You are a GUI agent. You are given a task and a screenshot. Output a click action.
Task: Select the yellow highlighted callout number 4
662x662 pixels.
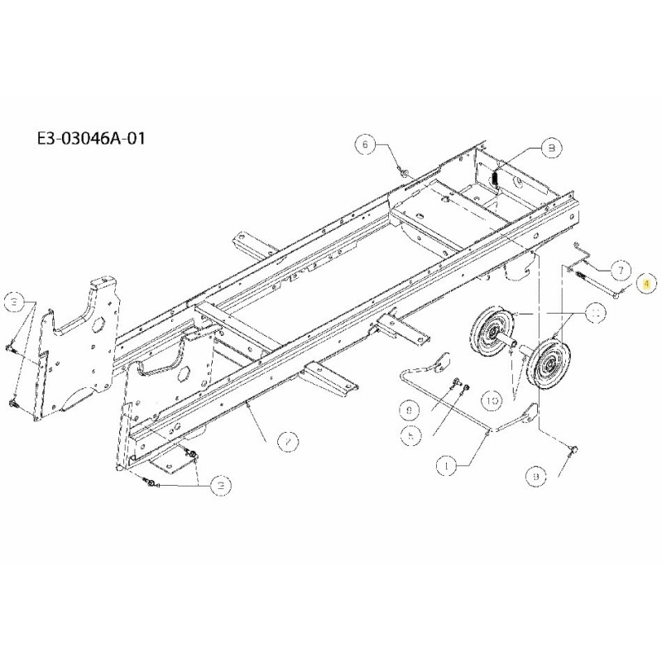(x=646, y=282)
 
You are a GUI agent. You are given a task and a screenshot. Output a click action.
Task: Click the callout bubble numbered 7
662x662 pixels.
(x=622, y=268)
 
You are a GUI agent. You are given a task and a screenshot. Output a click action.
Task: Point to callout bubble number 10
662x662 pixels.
(x=493, y=401)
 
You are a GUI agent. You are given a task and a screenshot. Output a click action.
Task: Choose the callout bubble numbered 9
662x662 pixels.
(x=535, y=477)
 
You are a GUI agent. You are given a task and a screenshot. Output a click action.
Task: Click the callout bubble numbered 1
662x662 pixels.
(x=447, y=467)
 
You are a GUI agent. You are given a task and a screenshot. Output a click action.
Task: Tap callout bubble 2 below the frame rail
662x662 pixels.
(x=286, y=444)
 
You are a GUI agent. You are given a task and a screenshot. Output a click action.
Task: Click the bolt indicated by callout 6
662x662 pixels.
(x=403, y=171)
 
